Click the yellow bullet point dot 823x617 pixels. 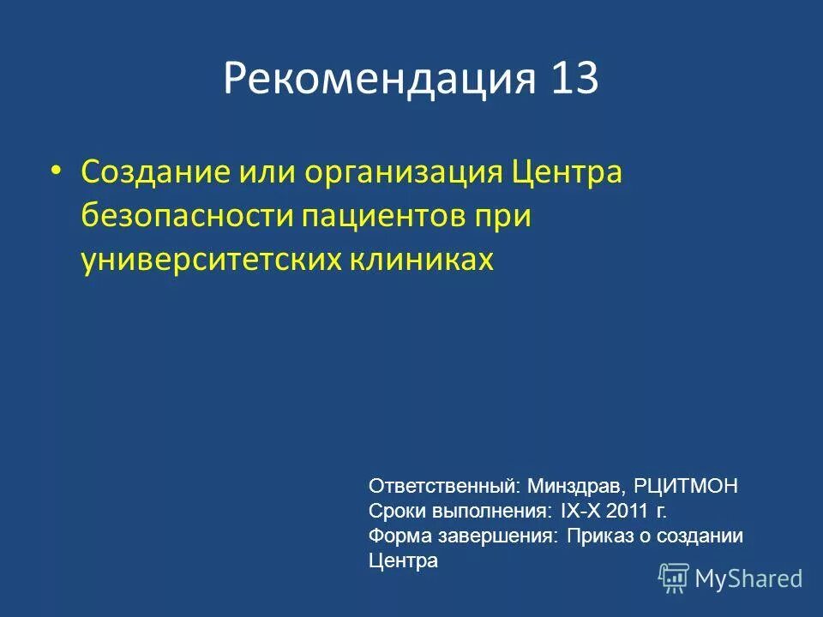point(57,171)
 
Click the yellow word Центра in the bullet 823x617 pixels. point(567,171)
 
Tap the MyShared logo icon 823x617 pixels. point(674,578)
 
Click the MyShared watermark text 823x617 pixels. point(748,579)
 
